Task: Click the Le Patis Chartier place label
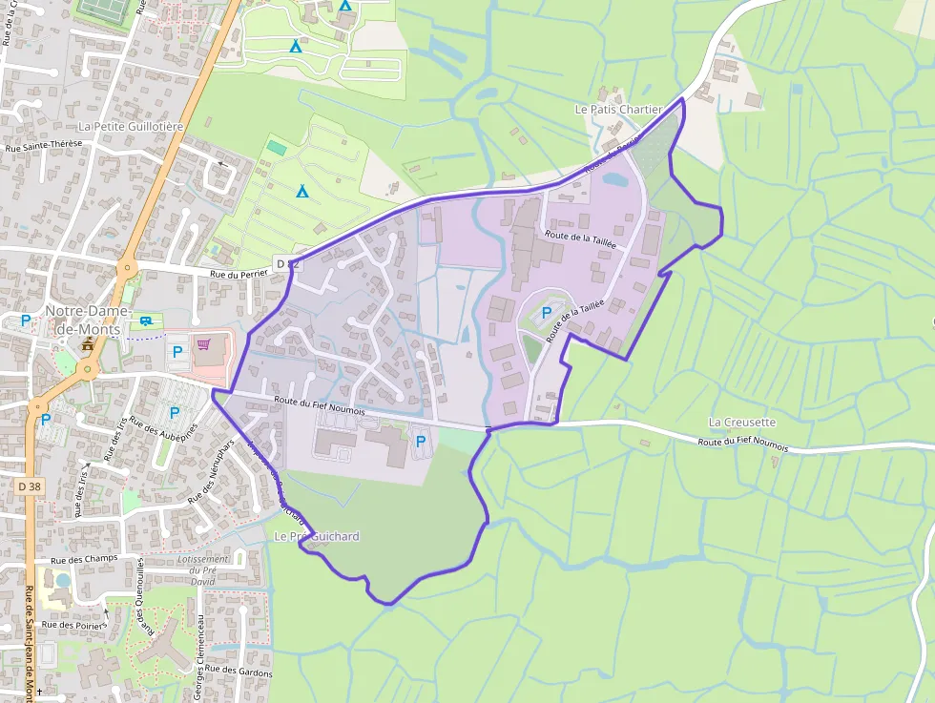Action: [618, 110]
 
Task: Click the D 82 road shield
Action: [288, 262]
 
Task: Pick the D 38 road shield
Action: [31, 486]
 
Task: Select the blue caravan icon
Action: [146, 321]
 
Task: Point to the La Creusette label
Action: [741, 422]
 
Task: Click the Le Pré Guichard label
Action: [317, 537]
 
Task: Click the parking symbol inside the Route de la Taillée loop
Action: [547, 312]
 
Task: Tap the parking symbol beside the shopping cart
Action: [176, 352]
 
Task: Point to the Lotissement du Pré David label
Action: [203, 569]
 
